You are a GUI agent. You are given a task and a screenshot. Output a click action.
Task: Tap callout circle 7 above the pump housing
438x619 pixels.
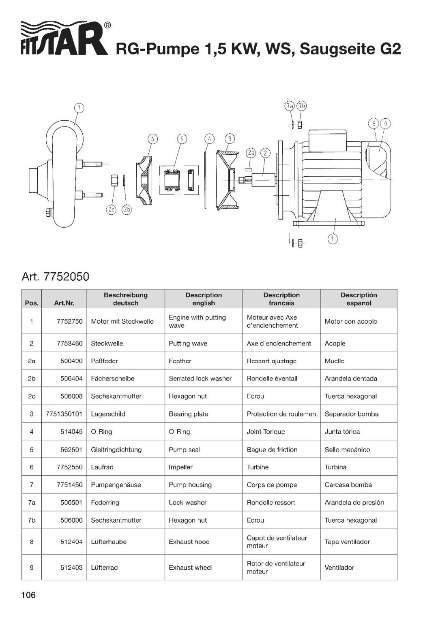[x=79, y=108]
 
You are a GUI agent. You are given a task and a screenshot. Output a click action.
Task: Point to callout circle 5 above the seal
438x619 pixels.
[x=182, y=139]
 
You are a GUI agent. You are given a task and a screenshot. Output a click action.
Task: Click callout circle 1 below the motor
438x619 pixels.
[x=333, y=239]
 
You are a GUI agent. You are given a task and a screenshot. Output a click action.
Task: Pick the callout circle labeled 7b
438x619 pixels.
[x=301, y=106]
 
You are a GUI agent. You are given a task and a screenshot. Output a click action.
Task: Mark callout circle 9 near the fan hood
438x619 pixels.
[x=385, y=124]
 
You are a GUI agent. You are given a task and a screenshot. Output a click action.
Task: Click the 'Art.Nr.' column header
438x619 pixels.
[x=64, y=303]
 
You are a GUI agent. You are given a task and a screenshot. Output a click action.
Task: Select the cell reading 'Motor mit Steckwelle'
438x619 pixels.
[x=122, y=322]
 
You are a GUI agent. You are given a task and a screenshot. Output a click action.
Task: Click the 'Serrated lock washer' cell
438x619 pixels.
[x=200, y=379]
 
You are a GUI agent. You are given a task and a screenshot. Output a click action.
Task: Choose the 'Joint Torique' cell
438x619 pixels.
[x=266, y=432]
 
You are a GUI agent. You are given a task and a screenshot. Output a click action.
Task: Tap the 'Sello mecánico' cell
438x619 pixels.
[x=347, y=450]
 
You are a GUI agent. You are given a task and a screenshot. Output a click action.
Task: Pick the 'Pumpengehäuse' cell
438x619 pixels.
[x=116, y=485]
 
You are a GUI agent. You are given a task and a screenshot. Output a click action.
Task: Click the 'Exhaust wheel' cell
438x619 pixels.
[x=190, y=568]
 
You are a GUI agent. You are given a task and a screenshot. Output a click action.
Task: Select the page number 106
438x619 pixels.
[x=28, y=595]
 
